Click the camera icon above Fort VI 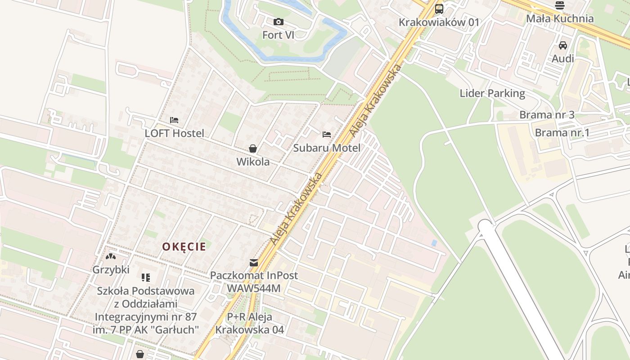(x=279, y=22)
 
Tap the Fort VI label (x=279, y=35)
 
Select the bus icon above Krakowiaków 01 (x=439, y=9)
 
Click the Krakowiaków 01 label (x=439, y=22)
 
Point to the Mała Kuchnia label (x=560, y=19)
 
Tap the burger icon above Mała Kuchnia (x=560, y=5)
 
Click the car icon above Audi (x=563, y=45)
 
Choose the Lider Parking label (x=492, y=93)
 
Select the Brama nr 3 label (x=547, y=115)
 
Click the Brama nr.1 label (x=562, y=133)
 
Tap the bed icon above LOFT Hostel (x=174, y=120)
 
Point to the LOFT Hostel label (x=174, y=133)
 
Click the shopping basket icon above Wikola (x=253, y=148)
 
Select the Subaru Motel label (x=327, y=148)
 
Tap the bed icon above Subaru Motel (x=327, y=135)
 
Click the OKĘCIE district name (x=184, y=247)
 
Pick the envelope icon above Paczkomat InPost (x=254, y=263)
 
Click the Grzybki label (x=111, y=270)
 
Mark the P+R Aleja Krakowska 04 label (x=249, y=323)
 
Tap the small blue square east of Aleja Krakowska (x=434, y=243)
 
